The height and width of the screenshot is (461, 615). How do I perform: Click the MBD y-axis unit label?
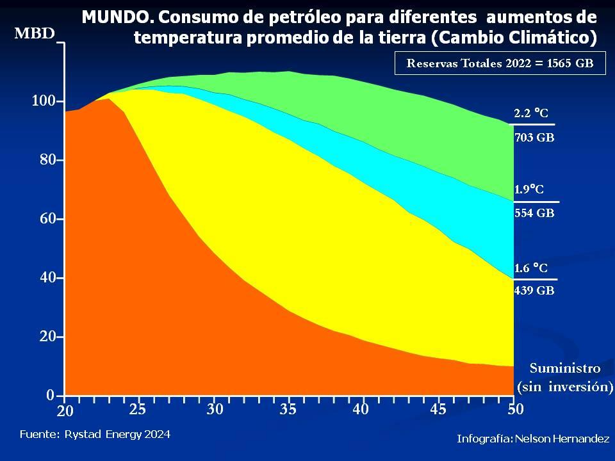click(x=35, y=34)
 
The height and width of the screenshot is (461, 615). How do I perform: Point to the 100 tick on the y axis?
click(x=44, y=101)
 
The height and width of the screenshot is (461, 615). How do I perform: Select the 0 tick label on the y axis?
click(x=51, y=396)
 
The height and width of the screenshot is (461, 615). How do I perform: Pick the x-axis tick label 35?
click(x=288, y=409)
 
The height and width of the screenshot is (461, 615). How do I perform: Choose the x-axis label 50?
click(x=515, y=409)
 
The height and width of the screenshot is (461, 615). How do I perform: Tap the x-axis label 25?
click(x=137, y=409)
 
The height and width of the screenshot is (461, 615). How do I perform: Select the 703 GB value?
click(x=534, y=137)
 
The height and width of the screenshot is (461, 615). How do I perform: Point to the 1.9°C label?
click(x=529, y=190)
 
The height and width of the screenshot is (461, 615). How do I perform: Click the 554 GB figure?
click(x=534, y=214)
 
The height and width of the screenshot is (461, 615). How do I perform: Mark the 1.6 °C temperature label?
click(x=531, y=268)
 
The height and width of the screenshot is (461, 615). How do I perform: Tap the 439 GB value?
click(x=534, y=291)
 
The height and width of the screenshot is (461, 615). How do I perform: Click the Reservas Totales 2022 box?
click(x=500, y=63)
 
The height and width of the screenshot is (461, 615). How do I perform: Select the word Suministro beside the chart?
click(x=565, y=368)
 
